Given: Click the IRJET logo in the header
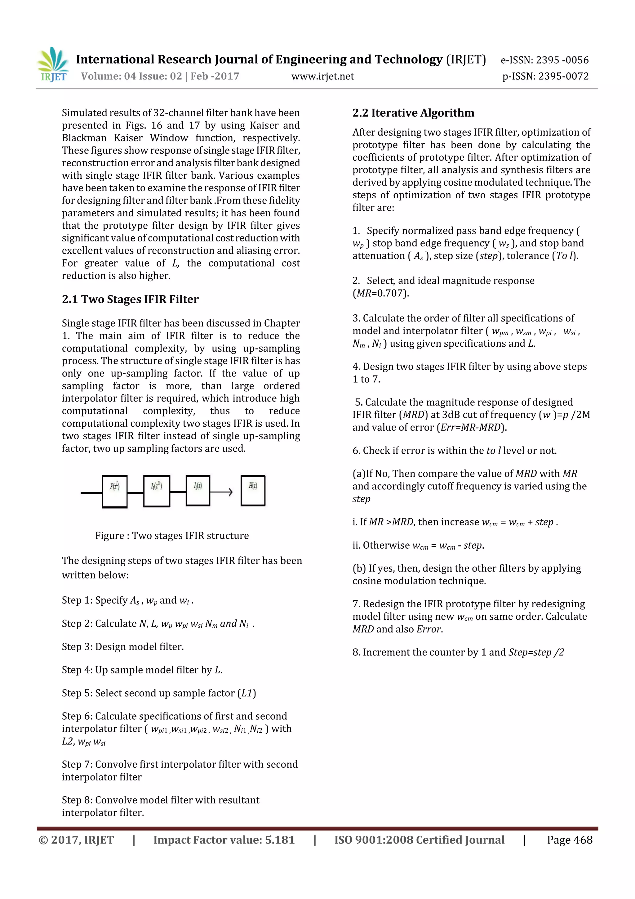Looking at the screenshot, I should tap(54, 64).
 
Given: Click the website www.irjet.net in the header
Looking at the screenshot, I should tap(322, 76).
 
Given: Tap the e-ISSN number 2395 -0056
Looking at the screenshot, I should tap(562, 60).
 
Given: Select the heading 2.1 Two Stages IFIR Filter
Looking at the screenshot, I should tap(130, 299).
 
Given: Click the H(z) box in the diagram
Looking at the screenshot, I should tap(253, 491).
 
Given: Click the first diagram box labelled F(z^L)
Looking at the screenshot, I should tap(115, 492).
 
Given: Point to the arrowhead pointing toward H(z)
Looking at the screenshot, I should tap(230, 492).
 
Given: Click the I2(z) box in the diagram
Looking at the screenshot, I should tap(198, 491).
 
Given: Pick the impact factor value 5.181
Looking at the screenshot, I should tap(279, 840).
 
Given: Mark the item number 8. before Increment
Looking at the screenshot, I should tap(356, 652).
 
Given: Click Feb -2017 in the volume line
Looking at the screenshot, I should tap(215, 76).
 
